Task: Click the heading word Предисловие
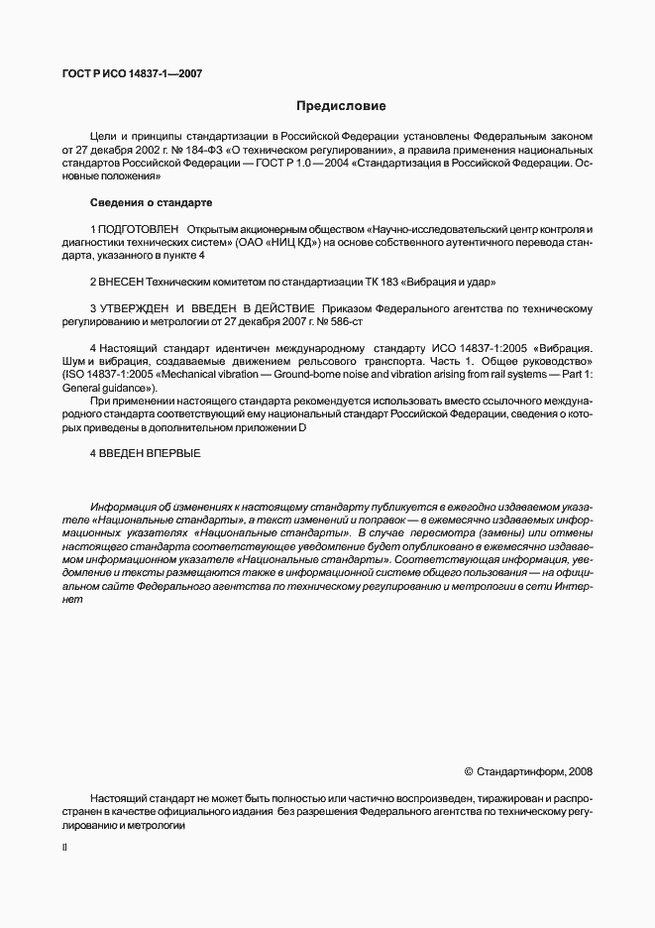(x=341, y=105)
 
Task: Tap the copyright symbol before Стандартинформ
(x=469, y=771)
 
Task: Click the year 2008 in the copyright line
(x=580, y=771)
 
